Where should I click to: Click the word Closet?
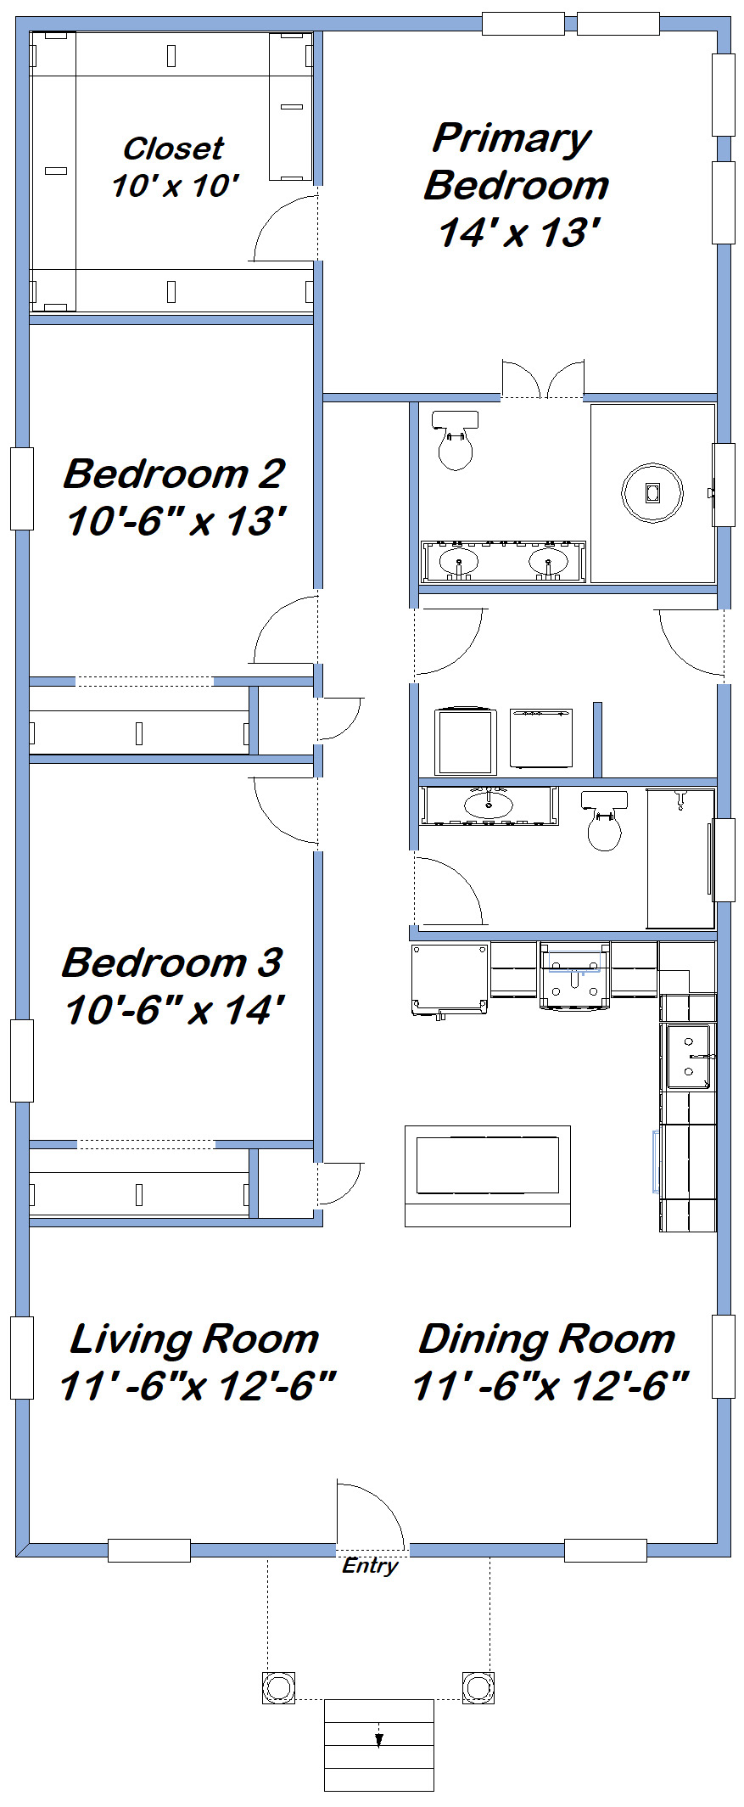point(173,149)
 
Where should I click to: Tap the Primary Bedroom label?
point(516,161)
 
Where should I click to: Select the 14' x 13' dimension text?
point(519,233)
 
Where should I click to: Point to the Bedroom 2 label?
point(174,474)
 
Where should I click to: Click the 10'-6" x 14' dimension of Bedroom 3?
point(174,1010)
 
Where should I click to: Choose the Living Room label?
point(194,1339)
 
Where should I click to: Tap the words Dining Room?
point(547,1339)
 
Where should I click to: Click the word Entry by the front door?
point(370,1566)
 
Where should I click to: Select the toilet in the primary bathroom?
point(455,440)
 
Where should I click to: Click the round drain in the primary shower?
point(652,491)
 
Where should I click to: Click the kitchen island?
point(488,1176)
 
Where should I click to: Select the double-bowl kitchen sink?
point(688,1057)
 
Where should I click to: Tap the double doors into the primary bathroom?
point(543,379)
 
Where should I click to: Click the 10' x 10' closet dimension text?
point(176,186)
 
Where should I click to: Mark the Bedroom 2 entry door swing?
point(285,629)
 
